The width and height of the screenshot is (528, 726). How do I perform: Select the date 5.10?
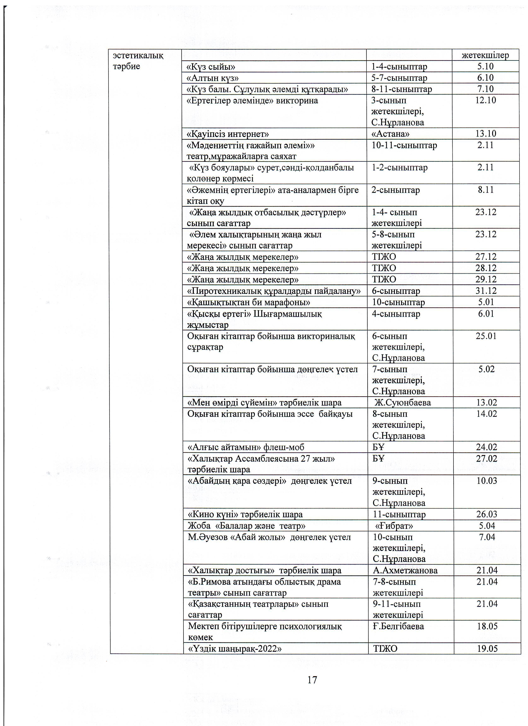485,67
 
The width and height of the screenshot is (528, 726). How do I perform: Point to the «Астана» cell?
390,133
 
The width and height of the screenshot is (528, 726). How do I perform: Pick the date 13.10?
486,133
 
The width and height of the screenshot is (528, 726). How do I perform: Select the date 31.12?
486,291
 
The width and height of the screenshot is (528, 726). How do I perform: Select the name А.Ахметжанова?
405,570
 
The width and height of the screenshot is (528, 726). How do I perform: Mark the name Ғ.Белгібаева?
398,626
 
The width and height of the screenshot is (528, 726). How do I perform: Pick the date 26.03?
487,514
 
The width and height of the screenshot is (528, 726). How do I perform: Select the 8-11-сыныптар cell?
401,89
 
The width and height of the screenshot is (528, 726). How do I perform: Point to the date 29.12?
486,279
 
